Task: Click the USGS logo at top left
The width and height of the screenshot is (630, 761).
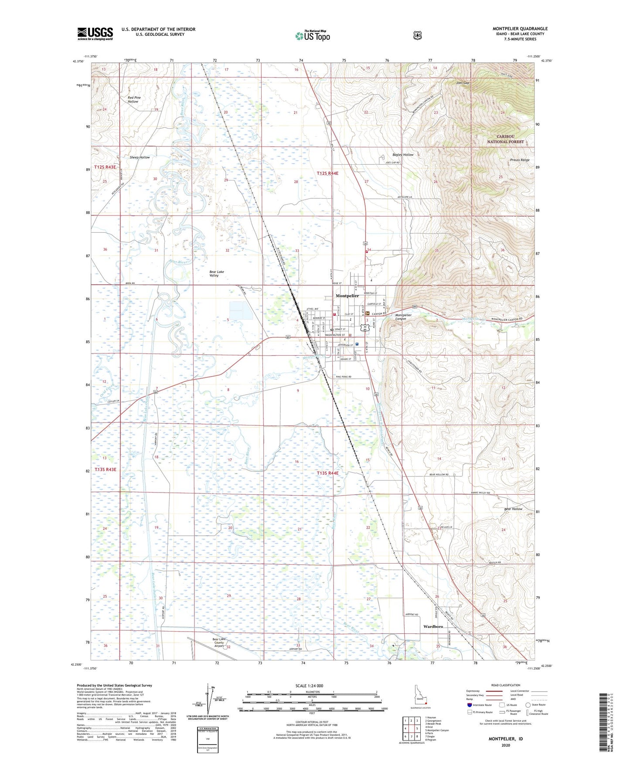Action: click(95, 34)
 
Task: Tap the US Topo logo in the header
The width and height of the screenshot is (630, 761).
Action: click(312, 35)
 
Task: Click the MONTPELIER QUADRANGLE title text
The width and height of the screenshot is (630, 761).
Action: click(520, 29)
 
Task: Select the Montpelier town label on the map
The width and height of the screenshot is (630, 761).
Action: click(347, 296)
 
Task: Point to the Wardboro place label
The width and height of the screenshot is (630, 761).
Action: click(433, 626)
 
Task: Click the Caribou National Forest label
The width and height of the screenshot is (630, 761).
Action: click(505, 139)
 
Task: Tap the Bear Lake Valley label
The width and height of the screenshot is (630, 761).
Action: click(217, 274)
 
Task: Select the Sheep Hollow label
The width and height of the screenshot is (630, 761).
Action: click(140, 157)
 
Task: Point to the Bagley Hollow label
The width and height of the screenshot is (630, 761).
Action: click(402, 155)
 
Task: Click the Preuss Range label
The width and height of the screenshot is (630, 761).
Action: click(519, 160)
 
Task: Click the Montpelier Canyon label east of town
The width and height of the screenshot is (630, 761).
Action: click(403, 317)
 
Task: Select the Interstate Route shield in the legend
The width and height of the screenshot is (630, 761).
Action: click(469, 705)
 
